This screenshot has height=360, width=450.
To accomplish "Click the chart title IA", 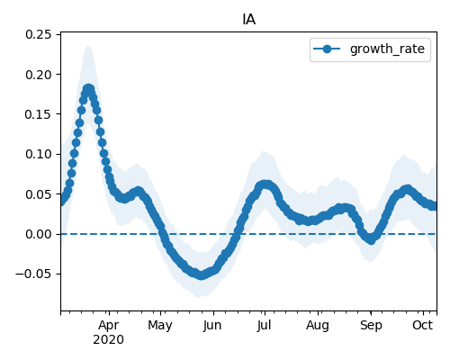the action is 248,20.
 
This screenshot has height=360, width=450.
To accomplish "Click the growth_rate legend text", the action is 387,49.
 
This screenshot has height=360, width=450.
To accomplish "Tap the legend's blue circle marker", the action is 327,49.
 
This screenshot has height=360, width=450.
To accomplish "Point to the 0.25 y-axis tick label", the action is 39,34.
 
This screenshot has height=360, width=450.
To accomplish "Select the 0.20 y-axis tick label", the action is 39,75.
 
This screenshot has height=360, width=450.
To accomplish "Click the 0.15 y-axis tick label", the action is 39,114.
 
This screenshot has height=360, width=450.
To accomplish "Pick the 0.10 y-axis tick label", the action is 39,154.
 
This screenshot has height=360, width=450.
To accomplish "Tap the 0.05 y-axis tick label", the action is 39,194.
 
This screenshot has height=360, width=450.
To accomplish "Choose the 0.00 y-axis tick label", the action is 39,234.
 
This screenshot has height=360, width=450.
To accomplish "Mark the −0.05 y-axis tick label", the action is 33,274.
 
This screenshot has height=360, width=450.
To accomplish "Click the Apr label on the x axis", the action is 109,325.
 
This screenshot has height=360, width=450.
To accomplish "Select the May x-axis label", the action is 160,326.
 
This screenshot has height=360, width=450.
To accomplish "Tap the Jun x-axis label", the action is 212,325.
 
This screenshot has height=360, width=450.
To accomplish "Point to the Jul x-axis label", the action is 264,325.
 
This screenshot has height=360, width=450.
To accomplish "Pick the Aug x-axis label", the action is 318,326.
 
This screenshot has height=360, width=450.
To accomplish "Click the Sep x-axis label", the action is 371,326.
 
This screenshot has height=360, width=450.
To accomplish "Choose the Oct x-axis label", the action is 423,325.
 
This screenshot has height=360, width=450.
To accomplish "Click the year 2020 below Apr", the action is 108,339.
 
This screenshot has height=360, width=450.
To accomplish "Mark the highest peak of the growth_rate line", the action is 88,89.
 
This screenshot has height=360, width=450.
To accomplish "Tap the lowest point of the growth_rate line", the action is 202,274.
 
